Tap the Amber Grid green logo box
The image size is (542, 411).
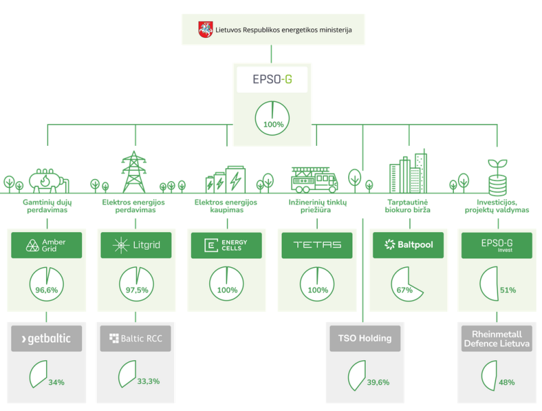[46, 245]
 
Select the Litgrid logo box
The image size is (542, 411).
[136, 245]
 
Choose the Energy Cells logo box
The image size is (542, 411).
[226, 245]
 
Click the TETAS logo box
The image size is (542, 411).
[317, 245]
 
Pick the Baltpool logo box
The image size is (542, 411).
[408, 245]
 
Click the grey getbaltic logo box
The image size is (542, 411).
[46, 338]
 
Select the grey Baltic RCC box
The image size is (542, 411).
[136, 338]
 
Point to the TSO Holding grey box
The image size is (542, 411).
[364, 338]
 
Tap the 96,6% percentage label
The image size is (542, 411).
[47, 290]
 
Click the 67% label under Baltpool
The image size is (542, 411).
[405, 290]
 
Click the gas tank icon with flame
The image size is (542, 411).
[47, 179]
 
